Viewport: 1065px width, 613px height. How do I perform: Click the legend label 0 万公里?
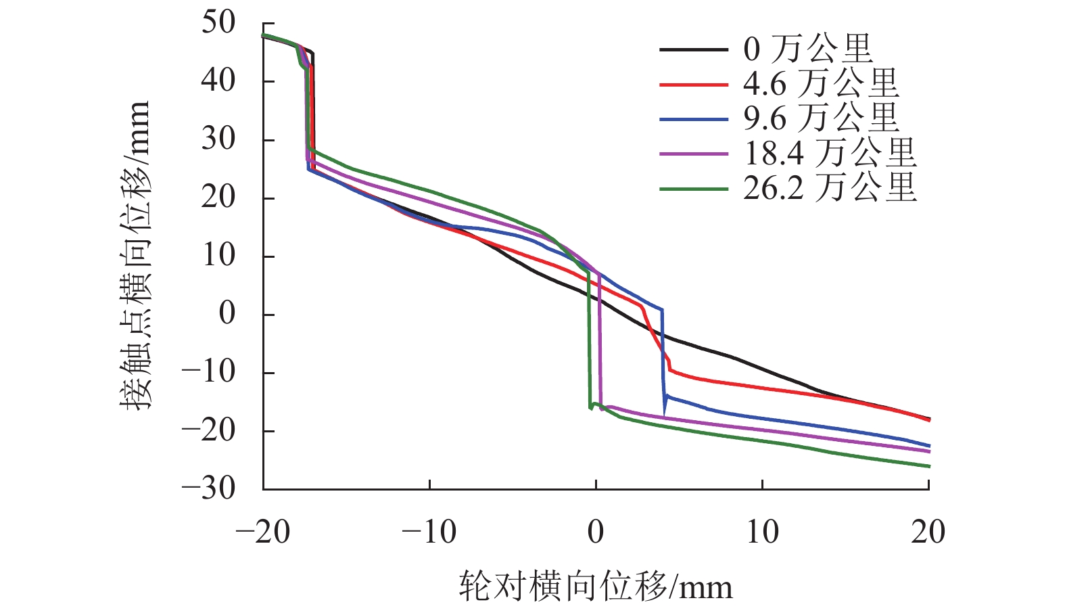(808, 49)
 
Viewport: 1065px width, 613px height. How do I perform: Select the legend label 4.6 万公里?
(821, 84)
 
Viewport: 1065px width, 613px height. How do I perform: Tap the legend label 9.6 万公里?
(821, 119)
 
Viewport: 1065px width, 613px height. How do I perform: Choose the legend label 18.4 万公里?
(830, 154)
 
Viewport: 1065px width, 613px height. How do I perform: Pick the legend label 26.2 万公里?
(830, 188)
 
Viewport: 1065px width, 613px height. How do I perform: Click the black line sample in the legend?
(694, 49)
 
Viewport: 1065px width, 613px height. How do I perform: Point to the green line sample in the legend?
(694, 189)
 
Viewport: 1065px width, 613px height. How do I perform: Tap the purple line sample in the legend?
(694, 154)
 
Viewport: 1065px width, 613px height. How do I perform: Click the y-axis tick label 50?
(218, 23)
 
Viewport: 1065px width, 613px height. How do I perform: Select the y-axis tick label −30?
(209, 489)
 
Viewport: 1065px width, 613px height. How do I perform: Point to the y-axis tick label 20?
(218, 198)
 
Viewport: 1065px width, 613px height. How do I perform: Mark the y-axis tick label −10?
(209, 372)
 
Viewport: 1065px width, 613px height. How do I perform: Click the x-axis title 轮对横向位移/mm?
(596, 586)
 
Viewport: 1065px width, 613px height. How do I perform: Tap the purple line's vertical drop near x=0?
(600, 338)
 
